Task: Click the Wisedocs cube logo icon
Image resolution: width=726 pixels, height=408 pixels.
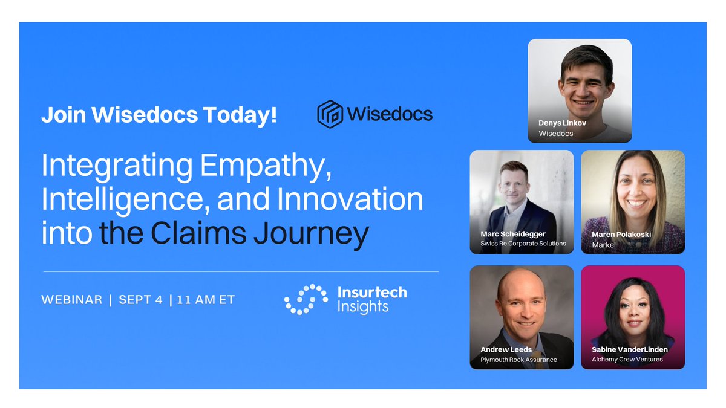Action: (330, 114)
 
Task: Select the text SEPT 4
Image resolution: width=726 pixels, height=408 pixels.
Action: (140, 300)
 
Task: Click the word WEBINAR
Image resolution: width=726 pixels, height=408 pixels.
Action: (71, 300)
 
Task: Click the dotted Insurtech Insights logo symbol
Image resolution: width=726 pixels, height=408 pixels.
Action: (306, 299)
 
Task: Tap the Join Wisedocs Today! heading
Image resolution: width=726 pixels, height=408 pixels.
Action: (159, 115)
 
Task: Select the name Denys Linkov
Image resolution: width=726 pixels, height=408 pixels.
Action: (562, 123)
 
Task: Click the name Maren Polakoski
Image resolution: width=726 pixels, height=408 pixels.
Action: (621, 235)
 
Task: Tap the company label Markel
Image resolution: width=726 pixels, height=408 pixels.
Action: (604, 245)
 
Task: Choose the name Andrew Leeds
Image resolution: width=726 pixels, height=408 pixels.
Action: (506, 349)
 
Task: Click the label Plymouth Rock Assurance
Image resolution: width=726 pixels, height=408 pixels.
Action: (518, 360)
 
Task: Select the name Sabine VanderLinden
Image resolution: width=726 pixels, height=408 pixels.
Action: (630, 349)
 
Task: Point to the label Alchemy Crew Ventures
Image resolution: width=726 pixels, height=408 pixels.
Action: (627, 360)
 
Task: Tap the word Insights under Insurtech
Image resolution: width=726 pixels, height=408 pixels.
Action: (363, 307)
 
